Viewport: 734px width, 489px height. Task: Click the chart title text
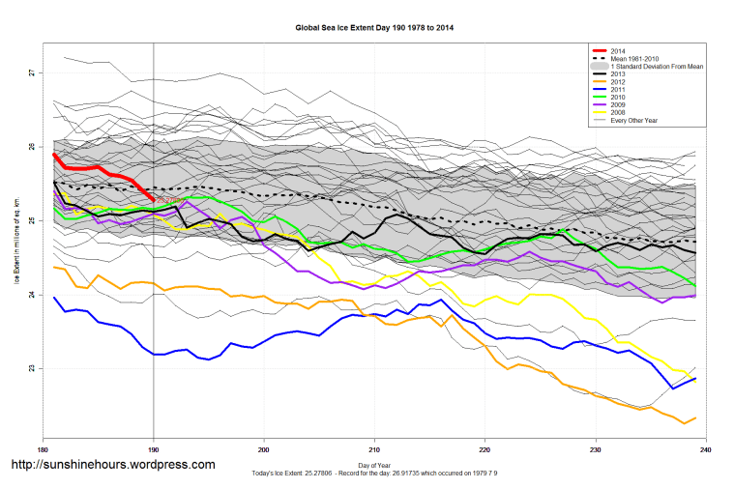click(374, 28)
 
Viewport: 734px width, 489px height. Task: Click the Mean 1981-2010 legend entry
click(634, 57)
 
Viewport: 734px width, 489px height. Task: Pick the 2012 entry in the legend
click(620, 81)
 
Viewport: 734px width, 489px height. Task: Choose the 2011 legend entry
click(620, 90)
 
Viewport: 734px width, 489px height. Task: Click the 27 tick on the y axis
click(31, 72)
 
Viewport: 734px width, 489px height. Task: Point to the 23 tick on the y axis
click(31, 368)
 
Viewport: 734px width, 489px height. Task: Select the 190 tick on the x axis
click(154, 450)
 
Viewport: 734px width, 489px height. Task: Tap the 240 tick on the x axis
click(706, 450)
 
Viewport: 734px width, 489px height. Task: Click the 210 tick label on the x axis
click(374, 450)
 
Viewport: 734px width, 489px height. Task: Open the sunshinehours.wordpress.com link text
click(112, 465)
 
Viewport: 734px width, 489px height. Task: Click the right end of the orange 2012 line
click(695, 418)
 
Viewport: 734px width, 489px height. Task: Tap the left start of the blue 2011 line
click(55, 298)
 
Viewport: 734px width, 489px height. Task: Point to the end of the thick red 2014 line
click(153, 199)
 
